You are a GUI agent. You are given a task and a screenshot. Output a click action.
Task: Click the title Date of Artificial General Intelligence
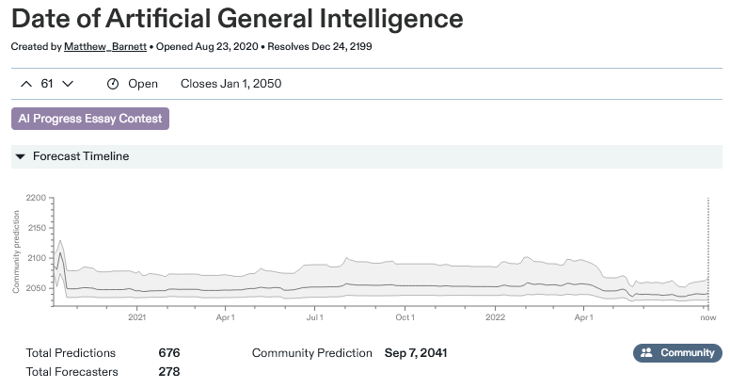coord(237,18)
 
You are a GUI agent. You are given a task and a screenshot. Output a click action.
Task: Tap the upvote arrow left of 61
coord(25,84)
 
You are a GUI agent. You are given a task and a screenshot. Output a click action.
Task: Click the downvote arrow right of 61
coord(68,84)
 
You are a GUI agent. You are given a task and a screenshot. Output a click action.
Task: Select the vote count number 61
coord(47,84)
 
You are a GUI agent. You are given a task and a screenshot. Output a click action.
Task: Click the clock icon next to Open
coord(113,84)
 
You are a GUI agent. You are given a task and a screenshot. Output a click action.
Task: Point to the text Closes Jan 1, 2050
coord(230,84)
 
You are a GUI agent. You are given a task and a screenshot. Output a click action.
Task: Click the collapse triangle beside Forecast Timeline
coord(20,156)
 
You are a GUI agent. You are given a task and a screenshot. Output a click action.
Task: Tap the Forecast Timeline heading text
coord(81,156)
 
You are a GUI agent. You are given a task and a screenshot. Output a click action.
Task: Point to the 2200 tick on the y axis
coord(37,198)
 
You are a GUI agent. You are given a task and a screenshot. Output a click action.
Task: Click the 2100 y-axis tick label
coord(37,258)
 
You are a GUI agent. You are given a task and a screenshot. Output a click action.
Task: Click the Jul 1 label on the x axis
coord(315,318)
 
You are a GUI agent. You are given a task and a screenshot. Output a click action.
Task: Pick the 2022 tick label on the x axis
coord(495,318)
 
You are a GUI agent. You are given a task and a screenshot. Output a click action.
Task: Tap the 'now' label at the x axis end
coord(708,318)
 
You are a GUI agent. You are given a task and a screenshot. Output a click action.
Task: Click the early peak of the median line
coord(60,252)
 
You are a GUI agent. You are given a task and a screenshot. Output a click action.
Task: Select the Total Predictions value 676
coord(169,353)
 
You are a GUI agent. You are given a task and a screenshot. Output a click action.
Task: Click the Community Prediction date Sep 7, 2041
coord(416,353)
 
